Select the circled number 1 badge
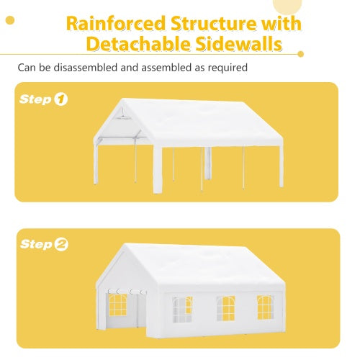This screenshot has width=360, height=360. click(60, 99)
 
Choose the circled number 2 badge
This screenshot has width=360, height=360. click(61, 245)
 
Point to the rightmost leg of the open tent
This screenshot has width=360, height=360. click(281, 166)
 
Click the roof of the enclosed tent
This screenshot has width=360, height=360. click(209, 266)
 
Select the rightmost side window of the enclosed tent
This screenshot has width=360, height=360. click(265, 307)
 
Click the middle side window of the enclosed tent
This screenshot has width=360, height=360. click(225, 308)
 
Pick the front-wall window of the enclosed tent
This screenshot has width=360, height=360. click(117, 305)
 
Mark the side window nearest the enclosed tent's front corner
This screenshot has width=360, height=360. click(181, 310)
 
